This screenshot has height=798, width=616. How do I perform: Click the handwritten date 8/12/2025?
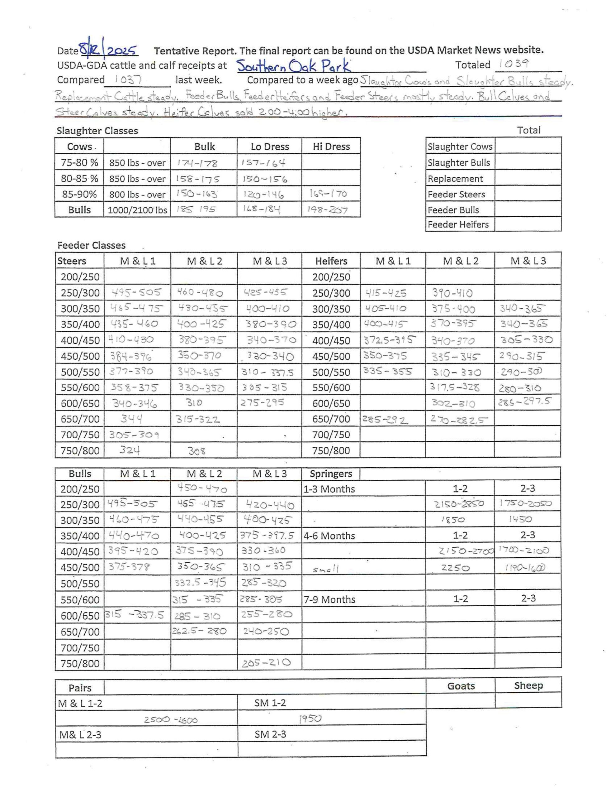coord(108,50)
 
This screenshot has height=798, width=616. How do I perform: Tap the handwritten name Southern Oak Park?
coord(294,66)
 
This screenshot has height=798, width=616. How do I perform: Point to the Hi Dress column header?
coord(331,147)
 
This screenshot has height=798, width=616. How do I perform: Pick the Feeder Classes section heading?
coord(91,245)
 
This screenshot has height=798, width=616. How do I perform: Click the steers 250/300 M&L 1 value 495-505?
coord(136,292)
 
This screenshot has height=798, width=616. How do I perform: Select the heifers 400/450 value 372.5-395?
coord(389,340)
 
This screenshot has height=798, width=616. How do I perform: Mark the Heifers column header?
coord(331,261)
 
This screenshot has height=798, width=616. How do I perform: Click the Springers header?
coord(331,474)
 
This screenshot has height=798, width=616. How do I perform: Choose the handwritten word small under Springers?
coord(326,569)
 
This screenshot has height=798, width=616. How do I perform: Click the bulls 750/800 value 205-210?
coord(266,663)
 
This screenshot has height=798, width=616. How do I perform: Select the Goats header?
coord(461,686)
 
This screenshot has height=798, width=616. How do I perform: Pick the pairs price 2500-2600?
coord(171,720)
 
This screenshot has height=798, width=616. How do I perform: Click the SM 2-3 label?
coord(270,734)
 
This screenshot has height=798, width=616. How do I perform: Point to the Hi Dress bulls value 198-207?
coord(327,210)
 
